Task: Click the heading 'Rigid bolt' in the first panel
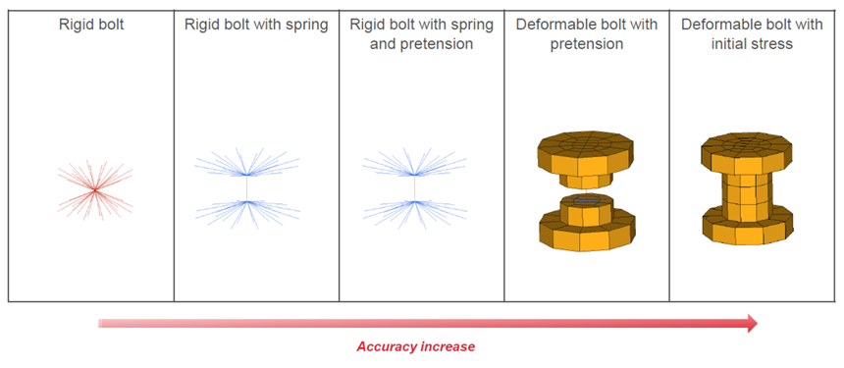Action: point(91,26)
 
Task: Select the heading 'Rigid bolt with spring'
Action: point(256,26)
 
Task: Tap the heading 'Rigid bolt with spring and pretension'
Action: point(421,34)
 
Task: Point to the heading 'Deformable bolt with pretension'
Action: point(587,34)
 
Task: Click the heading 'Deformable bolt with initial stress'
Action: point(752,34)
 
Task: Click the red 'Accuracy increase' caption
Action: point(415,346)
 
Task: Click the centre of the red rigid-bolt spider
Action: point(95,189)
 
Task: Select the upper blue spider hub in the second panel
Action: point(246,175)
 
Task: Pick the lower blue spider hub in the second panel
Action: point(246,202)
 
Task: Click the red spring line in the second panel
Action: point(246,188)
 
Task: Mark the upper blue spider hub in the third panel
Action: point(414,175)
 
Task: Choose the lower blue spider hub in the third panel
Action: point(414,202)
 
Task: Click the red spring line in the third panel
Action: point(414,188)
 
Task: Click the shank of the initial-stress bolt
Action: point(747,196)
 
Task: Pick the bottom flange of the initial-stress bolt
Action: point(747,230)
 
